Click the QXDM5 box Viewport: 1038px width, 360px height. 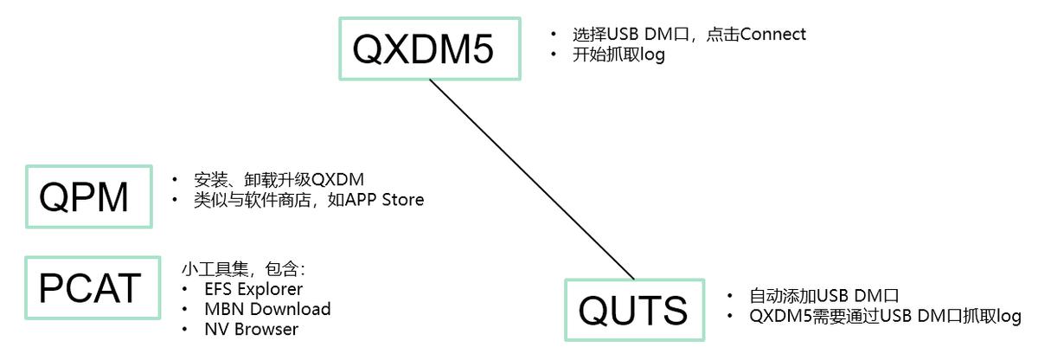coord(429,48)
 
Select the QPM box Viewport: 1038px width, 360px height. coord(89,197)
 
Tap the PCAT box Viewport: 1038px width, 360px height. coord(93,288)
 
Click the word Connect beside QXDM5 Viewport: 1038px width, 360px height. coord(772,35)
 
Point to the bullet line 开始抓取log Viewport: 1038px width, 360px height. coord(618,55)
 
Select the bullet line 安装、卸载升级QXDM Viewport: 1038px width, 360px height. coord(279,179)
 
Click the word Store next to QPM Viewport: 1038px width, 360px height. coord(401,200)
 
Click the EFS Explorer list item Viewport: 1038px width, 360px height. coord(253,288)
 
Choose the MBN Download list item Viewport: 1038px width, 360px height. coord(267,309)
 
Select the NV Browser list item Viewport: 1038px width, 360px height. coord(251,329)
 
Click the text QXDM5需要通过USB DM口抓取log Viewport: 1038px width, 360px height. coord(885,316)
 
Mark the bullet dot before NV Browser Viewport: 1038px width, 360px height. coord(186,330)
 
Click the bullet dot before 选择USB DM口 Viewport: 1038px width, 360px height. coord(554,35)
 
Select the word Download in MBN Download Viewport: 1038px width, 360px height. coord(291,309)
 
